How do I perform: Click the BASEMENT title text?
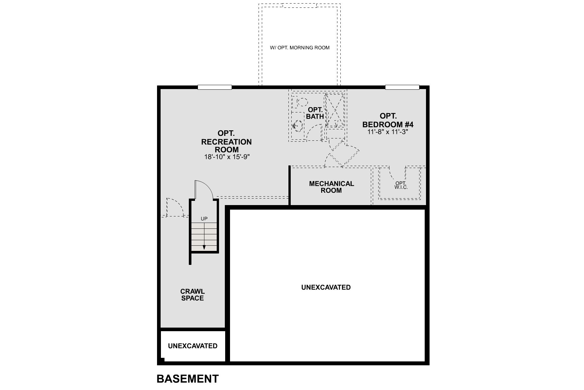pyautogui.click(x=188, y=379)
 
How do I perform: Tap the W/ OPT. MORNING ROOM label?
pyautogui.click(x=299, y=48)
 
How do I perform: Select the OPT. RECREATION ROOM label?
pyautogui.click(x=226, y=142)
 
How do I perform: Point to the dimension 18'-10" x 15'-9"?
pyautogui.click(x=226, y=157)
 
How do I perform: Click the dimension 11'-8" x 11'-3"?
pyautogui.click(x=387, y=132)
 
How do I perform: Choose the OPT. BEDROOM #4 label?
pyautogui.click(x=388, y=120)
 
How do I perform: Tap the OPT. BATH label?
pyautogui.click(x=315, y=113)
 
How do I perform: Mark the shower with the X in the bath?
pyautogui.click(x=335, y=110)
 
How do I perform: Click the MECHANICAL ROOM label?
pyautogui.click(x=331, y=187)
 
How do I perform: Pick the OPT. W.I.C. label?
pyautogui.click(x=401, y=185)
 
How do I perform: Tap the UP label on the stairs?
pyautogui.click(x=204, y=219)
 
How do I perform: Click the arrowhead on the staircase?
pyautogui.click(x=204, y=247)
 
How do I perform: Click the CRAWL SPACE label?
pyautogui.click(x=192, y=295)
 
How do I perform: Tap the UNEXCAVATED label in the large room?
pyautogui.click(x=326, y=287)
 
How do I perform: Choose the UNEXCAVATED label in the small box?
pyautogui.click(x=193, y=346)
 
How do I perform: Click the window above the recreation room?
pyautogui.click(x=214, y=87)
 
